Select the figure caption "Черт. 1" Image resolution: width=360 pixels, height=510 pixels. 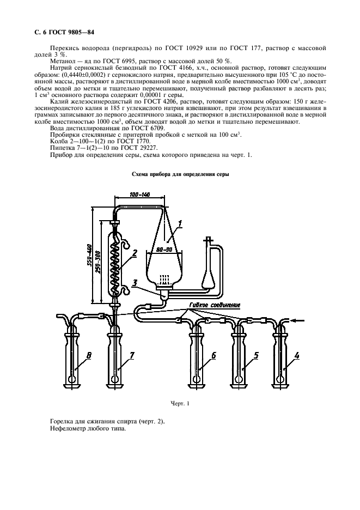tap(179, 404)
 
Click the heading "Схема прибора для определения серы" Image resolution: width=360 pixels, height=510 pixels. tap(180, 174)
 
